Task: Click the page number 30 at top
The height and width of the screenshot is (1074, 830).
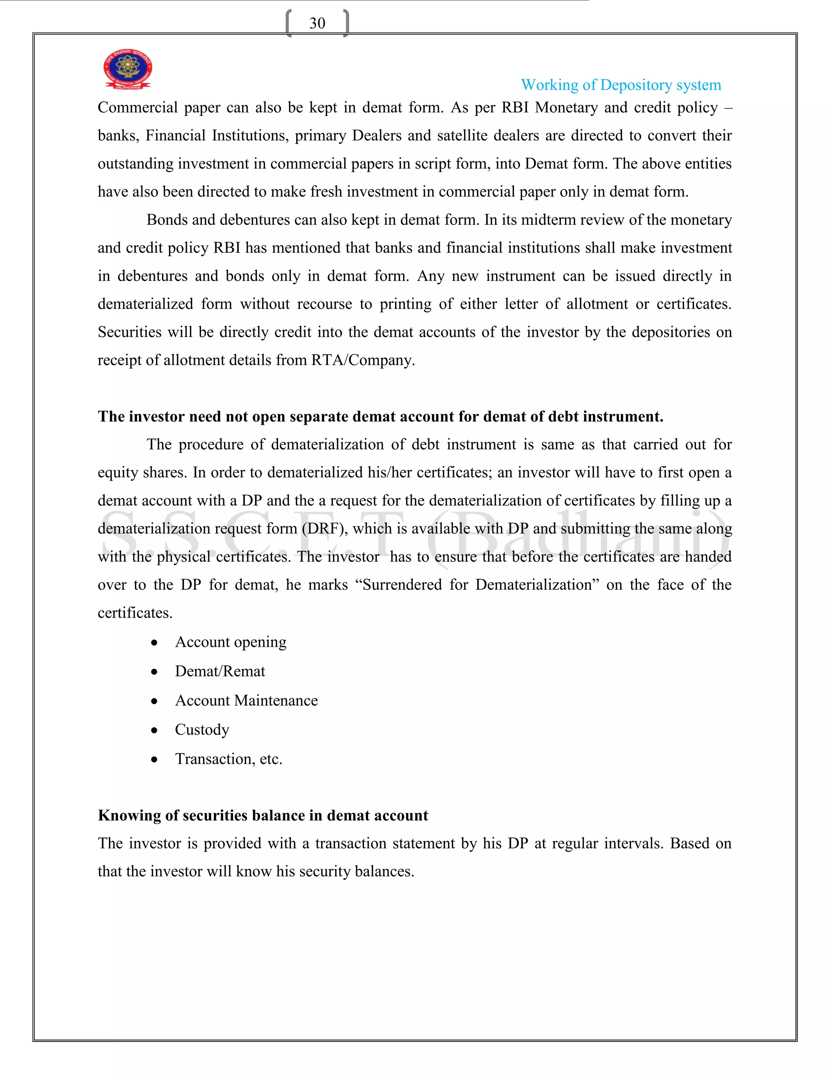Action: [317, 23]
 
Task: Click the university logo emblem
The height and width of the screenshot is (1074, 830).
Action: [127, 69]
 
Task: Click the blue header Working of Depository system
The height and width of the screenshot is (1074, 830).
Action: [620, 85]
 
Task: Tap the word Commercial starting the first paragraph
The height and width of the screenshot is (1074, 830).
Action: [137, 108]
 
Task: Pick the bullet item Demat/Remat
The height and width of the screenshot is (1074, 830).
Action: [220, 671]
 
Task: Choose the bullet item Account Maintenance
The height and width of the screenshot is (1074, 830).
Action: [246, 700]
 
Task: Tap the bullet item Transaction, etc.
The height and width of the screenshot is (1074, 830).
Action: [229, 759]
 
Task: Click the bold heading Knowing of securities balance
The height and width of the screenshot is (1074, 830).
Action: [263, 815]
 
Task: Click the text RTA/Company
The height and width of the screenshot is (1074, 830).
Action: [362, 360]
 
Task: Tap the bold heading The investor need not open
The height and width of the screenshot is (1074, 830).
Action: [380, 417]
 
